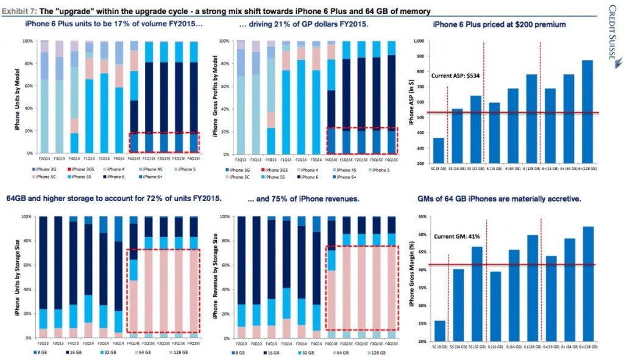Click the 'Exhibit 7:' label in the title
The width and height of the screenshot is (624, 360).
(21, 10)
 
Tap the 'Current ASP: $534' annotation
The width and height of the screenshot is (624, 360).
(457, 76)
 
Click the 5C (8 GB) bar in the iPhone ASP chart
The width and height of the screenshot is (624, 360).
(438, 151)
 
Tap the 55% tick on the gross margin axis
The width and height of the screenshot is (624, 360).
(418, 216)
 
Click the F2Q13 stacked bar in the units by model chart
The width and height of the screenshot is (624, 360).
(43, 97)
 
